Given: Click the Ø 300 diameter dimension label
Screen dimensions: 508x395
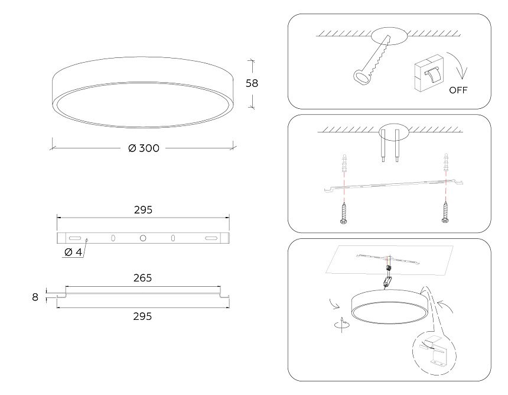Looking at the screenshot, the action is click(x=144, y=148).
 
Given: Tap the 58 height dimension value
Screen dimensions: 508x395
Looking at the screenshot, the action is click(x=252, y=83).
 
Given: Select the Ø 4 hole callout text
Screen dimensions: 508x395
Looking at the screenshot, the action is click(x=73, y=252).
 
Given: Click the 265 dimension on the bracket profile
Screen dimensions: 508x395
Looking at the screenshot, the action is click(x=142, y=278).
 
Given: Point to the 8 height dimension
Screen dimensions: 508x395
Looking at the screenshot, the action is click(x=35, y=297).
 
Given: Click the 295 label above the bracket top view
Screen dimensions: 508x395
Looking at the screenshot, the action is click(x=143, y=210).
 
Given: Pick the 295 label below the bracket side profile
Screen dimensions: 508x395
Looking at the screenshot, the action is click(x=142, y=316).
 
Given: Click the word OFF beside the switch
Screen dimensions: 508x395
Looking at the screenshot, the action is click(x=458, y=90).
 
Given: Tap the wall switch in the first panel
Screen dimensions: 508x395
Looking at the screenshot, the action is click(x=429, y=73).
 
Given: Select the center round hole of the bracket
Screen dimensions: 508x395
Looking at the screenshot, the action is click(x=143, y=238).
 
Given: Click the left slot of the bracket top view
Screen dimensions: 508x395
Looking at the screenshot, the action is click(x=75, y=238).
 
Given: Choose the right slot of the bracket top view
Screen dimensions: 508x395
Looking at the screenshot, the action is click(x=211, y=238).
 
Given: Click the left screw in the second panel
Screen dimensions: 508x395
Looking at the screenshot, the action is click(x=344, y=213).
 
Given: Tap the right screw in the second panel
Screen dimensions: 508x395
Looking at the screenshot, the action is click(x=445, y=212).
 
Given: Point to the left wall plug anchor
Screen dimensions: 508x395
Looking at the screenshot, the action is click(x=344, y=164).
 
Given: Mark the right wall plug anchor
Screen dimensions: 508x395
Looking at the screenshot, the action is click(x=446, y=163).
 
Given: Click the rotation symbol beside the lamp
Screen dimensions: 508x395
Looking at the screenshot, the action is click(x=342, y=324).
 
